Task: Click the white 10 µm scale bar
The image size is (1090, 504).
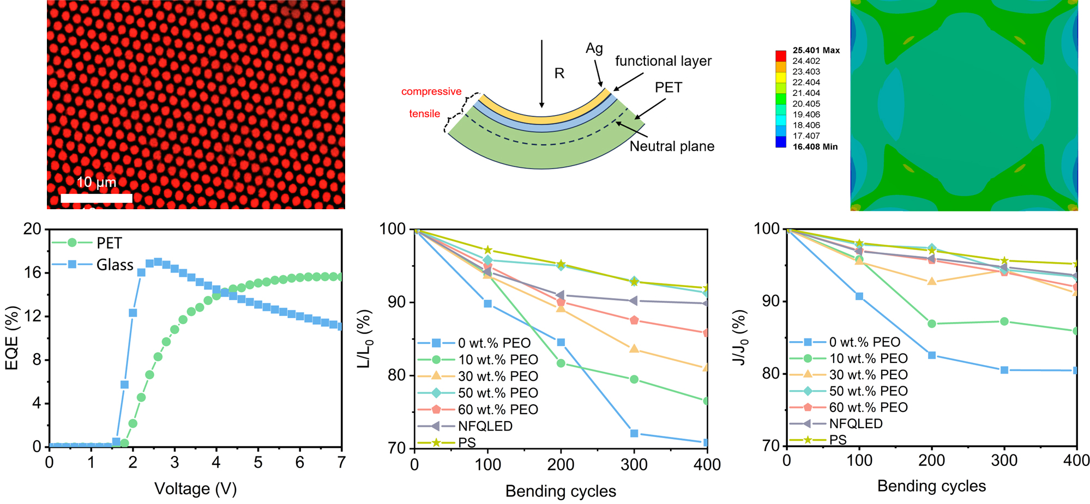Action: click(x=97, y=198)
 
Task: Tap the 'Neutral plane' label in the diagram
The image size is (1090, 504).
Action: click(x=672, y=147)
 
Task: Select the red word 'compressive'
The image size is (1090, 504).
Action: click(x=431, y=92)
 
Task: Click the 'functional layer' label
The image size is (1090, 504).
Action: click(x=663, y=61)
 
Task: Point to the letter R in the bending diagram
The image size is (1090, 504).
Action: click(x=559, y=74)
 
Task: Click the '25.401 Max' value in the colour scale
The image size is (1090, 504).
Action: click(x=816, y=50)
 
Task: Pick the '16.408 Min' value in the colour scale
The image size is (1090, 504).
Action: click(x=815, y=147)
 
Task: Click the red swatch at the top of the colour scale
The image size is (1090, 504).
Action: click(x=781, y=56)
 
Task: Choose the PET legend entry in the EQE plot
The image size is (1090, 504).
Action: click(x=109, y=243)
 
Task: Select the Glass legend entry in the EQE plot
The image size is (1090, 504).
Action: click(x=115, y=265)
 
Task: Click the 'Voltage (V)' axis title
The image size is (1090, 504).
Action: click(x=195, y=489)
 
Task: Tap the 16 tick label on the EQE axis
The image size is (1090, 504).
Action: click(x=32, y=272)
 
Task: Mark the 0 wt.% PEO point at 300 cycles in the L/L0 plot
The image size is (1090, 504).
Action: click(x=634, y=434)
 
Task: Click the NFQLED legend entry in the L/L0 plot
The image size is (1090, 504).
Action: click(x=485, y=426)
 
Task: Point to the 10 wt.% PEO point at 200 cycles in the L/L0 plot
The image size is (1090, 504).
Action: click(x=561, y=363)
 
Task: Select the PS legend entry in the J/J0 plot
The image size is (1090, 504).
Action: click(x=838, y=440)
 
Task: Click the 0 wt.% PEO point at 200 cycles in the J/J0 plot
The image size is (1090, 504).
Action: click(x=932, y=355)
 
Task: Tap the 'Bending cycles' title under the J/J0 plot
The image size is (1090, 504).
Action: click(x=931, y=486)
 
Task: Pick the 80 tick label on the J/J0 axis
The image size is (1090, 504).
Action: click(x=772, y=374)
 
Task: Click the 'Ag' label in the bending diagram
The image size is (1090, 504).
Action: click(x=594, y=48)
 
